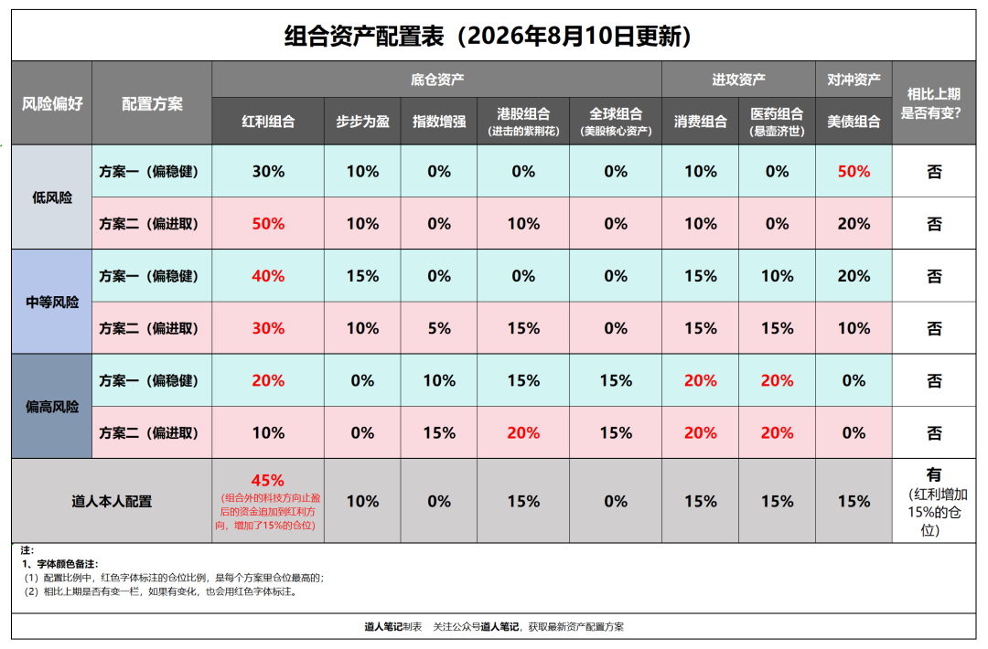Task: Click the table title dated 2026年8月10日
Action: pos(489,36)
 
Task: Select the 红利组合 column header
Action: pos(268,122)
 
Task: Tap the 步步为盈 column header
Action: pos(362,122)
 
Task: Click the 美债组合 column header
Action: pos(854,122)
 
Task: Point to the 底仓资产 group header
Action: pos(437,80)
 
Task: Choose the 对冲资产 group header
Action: pos(854,80)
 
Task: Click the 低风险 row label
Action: pos(52,197)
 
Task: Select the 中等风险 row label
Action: pos(52,303)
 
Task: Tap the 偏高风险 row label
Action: pos(52,407)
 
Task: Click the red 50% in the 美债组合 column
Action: pos(854,171)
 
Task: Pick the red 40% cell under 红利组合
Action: pos(268,276)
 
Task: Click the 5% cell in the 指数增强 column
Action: pos(439,328)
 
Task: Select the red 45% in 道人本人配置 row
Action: pos(268,480)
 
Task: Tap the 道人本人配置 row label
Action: pos(112,501)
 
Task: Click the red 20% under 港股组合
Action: pos(523,432)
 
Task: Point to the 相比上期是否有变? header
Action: pos(934,103)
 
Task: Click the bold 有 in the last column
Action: pos(934,474)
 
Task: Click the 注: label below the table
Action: pos(27,550)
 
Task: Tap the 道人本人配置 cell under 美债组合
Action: pos(854,501)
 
